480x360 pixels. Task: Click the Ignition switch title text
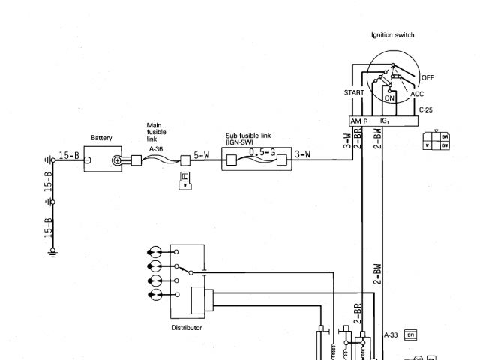click(392, 35)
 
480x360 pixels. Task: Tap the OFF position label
click(427, 77)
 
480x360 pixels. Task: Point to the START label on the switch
click(354, 92)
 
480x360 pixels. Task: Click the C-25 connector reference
click(425, 110)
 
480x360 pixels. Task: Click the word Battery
click(101, 138)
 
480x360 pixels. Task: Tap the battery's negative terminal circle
click(87, 160)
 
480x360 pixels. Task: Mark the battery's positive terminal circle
click(117, 160)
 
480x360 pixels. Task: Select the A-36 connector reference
click(156, 149)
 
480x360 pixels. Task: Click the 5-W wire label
click(201, 156)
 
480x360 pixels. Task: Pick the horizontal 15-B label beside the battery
click(67, 156)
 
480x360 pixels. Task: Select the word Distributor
click(187, 327)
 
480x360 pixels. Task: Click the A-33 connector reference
click(390, 334)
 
